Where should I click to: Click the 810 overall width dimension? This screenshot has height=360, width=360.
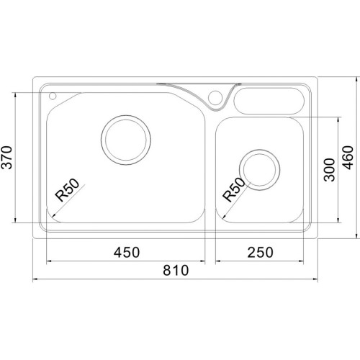[x=176, y=270]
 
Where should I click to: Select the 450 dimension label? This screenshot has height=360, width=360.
[x=127, y=253]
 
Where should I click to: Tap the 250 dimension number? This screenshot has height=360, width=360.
[x=260, y=253]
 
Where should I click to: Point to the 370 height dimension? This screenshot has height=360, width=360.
[x=6, y=158]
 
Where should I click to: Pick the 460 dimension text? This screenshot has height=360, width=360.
[x=348, y=158]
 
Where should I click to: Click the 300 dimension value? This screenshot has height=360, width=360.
[x=329, y=170]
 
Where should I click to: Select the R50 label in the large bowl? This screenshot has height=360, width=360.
[x=67, y=190]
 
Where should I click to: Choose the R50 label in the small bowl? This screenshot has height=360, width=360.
[x=234, y=189]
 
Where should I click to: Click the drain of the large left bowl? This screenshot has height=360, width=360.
[x=126, y=140]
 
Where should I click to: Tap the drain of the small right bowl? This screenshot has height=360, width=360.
[x=259, y=170]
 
